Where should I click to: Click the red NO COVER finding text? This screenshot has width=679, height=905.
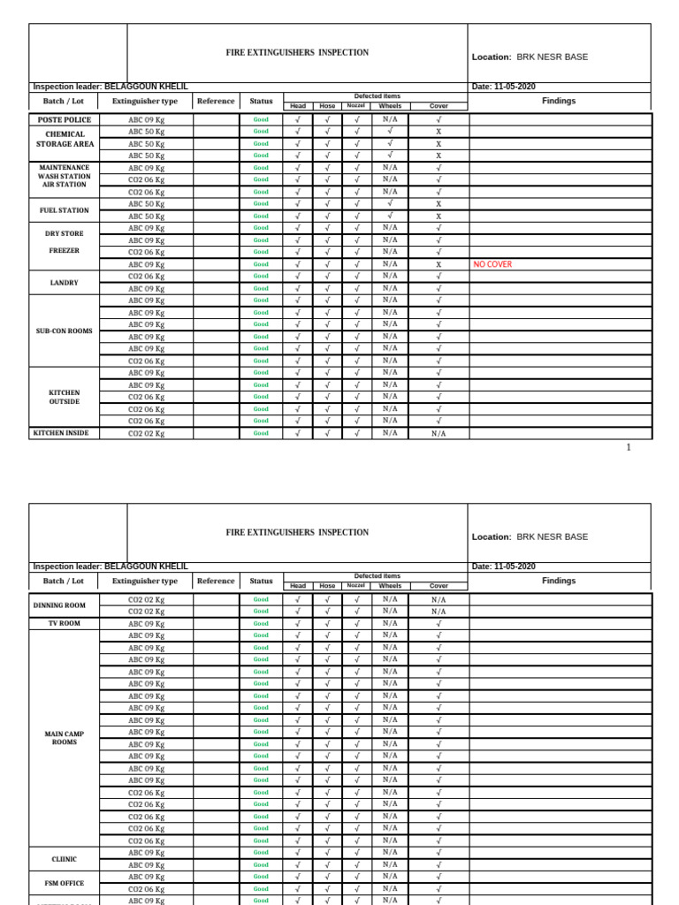tap(492, 264)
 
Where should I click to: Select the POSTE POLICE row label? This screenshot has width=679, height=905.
tap(65, 119)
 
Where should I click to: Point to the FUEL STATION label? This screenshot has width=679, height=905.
tap(65, 210)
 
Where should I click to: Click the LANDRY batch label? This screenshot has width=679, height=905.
tap(65, 283)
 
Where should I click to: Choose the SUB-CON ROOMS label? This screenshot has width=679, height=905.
tap(65, 331)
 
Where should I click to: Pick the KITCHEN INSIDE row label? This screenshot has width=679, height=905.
tap(61, 433)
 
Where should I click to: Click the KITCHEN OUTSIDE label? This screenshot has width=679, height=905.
tap(65, 397)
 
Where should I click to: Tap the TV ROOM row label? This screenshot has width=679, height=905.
tap(65, 623)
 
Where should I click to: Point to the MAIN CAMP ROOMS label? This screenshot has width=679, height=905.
tap(65, 738)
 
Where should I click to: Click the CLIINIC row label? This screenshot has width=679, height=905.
tap(65, 858)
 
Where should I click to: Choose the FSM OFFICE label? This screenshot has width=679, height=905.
tap(65, 883)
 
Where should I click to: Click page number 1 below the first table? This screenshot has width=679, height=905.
tap(629, 448)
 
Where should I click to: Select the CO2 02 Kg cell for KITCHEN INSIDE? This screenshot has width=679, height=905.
tap(147, 433)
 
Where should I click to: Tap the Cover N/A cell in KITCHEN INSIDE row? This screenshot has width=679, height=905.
tap(439, 434)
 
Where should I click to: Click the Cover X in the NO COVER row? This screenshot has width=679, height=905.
tap(439, 264)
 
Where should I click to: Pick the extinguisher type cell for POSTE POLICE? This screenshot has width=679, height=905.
tap(147, 119)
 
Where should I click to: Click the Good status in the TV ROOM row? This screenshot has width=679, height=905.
tap(261, 623)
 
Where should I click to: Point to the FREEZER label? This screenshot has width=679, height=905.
tap(65, 251)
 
